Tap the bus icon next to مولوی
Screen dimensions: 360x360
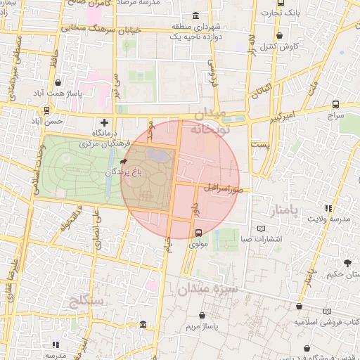click(x=198, y=233)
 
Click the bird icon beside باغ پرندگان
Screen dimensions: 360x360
click(x=124, y=162)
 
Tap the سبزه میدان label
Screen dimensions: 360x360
click(x=207, y=288)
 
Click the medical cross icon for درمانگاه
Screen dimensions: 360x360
click(x=105, y=122)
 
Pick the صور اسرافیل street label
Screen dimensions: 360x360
click(x=223, y=189)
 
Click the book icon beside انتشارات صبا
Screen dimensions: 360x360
click(x=262, y=228)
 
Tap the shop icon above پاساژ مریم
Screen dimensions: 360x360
click(x=203, y=316)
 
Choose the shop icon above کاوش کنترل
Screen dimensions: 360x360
click(x=281, y=35)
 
